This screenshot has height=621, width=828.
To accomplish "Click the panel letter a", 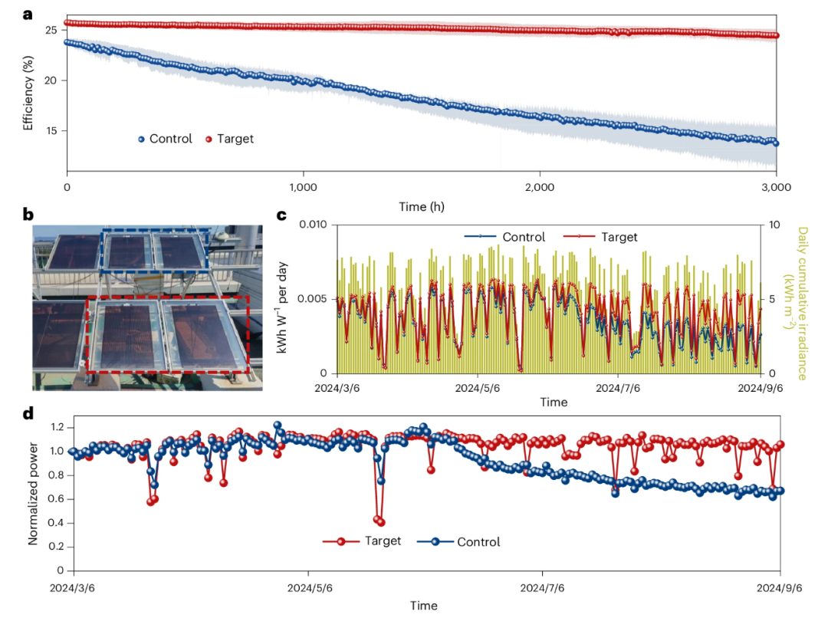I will click(28, 12).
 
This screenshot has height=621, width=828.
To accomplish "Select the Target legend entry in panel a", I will click(230, 139).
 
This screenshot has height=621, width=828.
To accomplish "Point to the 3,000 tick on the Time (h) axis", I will click(775, 187).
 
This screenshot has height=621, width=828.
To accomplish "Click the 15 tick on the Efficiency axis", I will click(51, 130).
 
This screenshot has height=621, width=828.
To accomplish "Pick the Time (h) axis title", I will click(422, 207).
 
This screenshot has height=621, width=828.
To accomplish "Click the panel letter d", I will click(28, 413).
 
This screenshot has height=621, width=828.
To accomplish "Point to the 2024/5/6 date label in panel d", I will click(309, 588).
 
